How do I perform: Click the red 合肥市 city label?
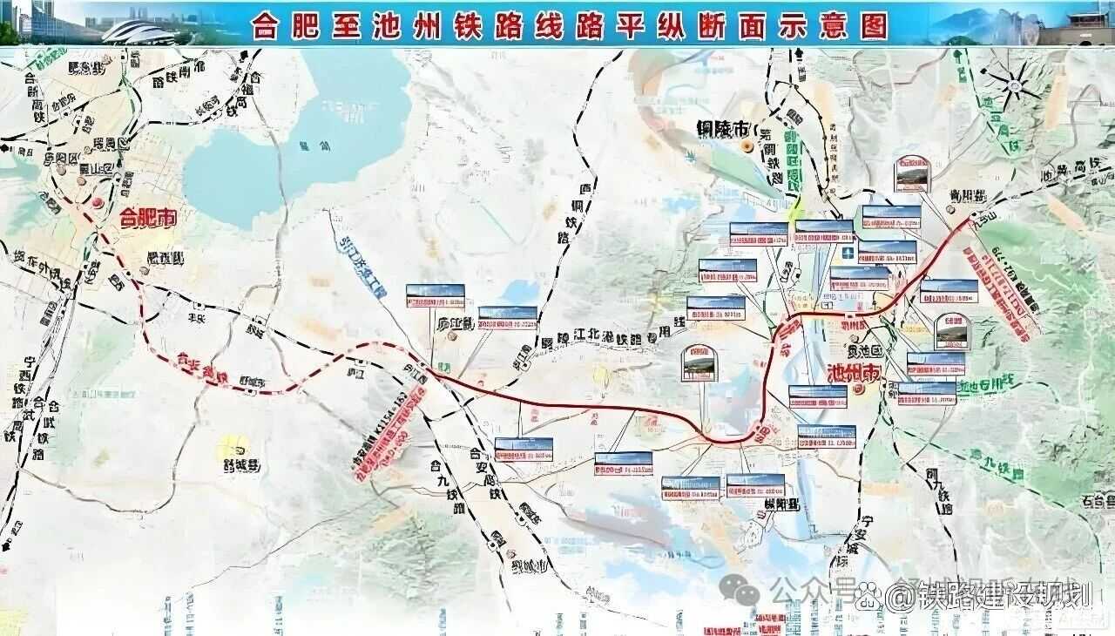tap(147, 217)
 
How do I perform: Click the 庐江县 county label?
tap(453, 323)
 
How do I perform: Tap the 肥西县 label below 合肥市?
tap(166, 258)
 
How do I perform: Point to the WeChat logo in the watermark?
tap(743, 592)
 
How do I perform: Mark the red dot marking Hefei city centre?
tap(98, 203)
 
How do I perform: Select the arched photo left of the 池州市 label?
tap(699, 363)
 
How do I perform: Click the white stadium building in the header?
tap(139, 31)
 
